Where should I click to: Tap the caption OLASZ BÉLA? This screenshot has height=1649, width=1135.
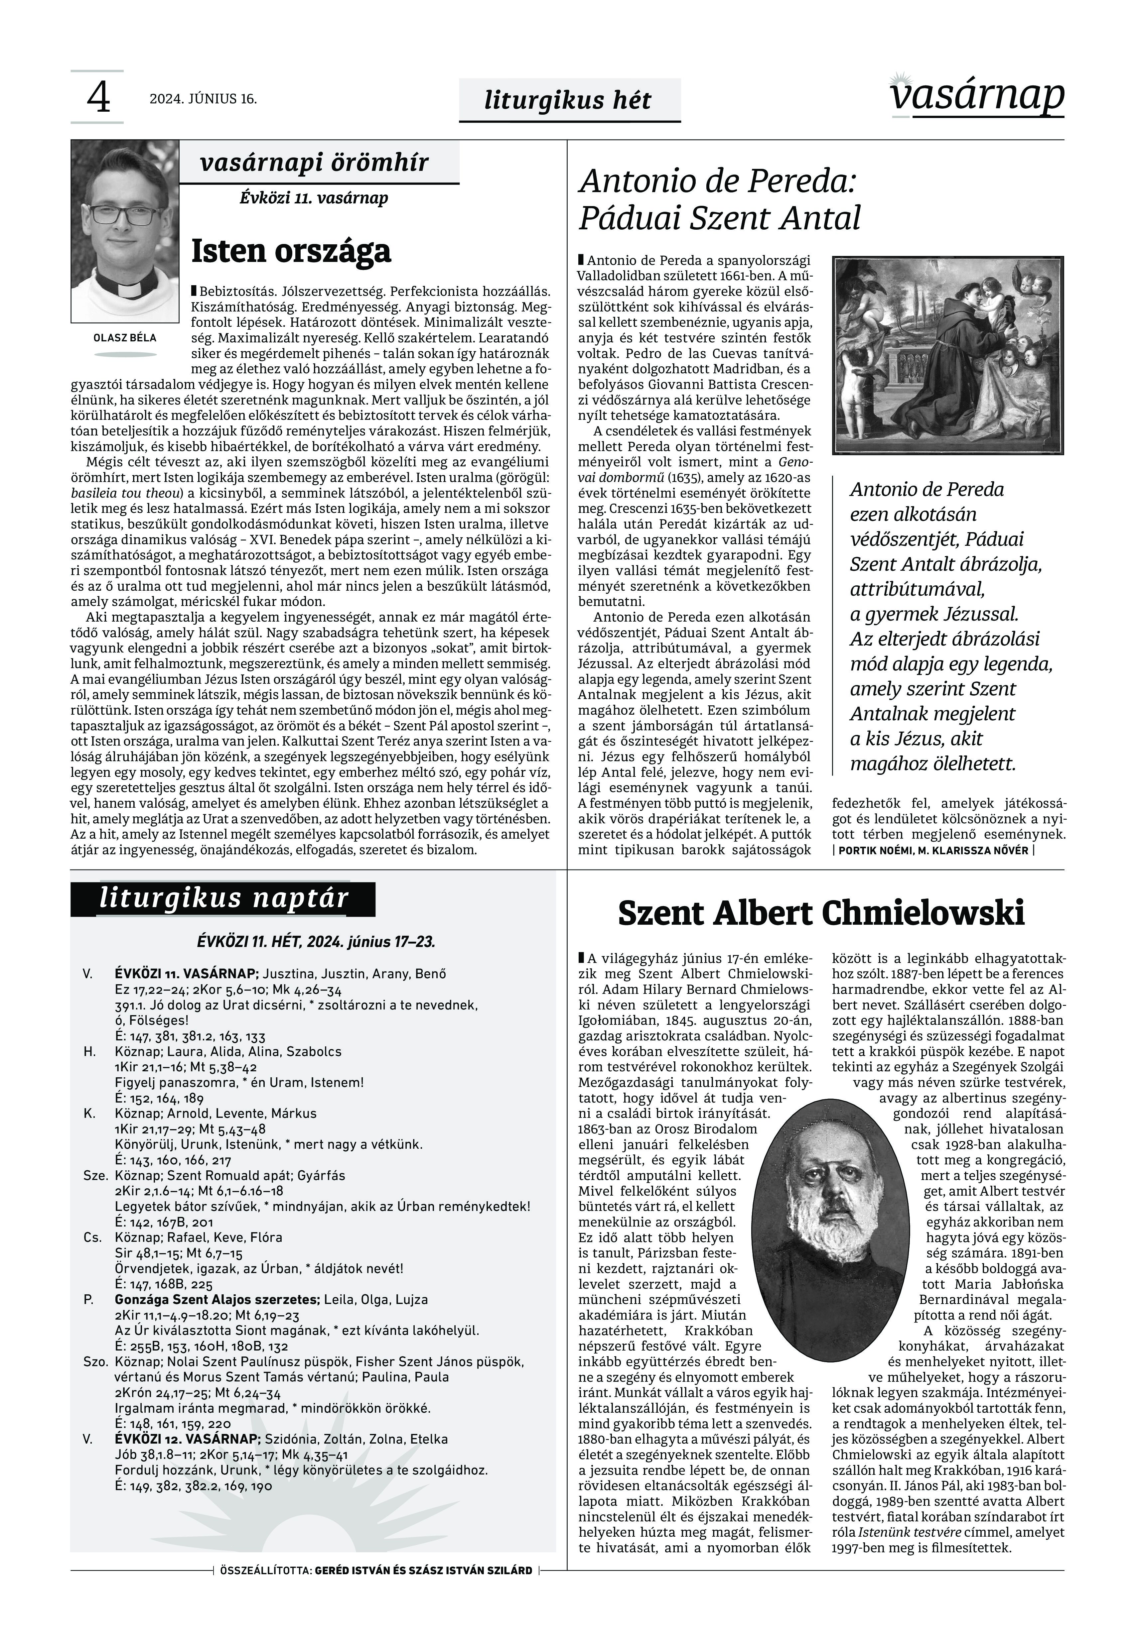click(x=125, y=338)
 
